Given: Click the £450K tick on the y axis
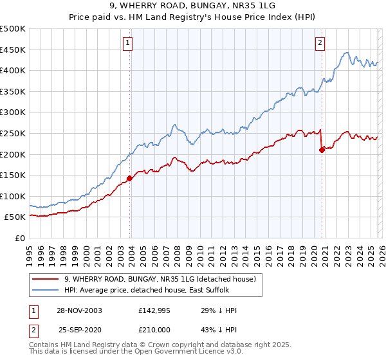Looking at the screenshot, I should [13, 50].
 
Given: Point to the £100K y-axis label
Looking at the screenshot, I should [13, 196].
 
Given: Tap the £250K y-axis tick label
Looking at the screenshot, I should [13, 133].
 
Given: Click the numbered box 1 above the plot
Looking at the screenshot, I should [128, 43].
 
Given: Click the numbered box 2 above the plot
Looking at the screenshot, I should [320, 43].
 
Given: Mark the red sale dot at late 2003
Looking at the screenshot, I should [130, 178].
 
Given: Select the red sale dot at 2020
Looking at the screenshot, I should [322, 150].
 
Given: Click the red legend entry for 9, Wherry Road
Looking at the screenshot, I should [161, 279].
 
